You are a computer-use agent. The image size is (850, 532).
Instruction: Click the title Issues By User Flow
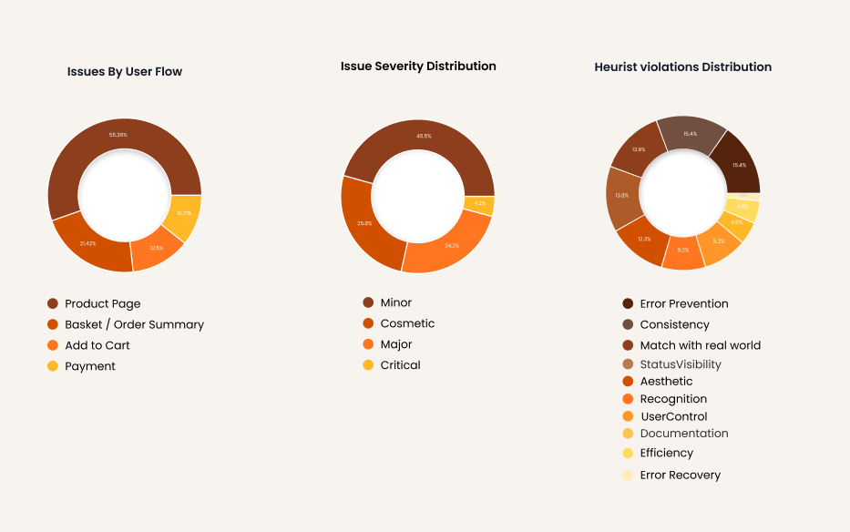(x=125, y=71)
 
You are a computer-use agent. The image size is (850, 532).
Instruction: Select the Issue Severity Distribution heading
(x=418, y=66)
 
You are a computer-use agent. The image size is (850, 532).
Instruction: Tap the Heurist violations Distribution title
(x=682, y=66)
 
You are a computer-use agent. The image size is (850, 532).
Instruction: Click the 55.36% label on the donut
(x=118, y=135)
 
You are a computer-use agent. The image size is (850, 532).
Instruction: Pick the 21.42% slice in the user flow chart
(x=87, y=244)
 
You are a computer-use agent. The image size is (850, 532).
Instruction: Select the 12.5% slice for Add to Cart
(x=157, y=248)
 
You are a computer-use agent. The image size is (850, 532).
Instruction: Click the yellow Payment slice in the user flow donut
(x=185, y=214)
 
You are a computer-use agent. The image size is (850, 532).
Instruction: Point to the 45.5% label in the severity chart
(x=424, y=136)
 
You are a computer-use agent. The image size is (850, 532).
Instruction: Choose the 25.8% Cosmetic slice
(x=364, y=223)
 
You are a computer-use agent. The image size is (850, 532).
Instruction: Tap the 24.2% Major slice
(x=451, y=246)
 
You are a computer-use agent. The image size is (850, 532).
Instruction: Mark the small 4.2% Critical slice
(x=480, y=204)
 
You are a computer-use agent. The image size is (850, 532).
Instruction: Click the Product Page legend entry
(x=102, y=303)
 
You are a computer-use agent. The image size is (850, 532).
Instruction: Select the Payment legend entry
(x=89, y=366)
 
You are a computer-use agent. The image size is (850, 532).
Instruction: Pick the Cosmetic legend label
(x=407, y=323)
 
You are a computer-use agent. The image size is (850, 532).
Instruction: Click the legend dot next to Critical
(x=368, y=365)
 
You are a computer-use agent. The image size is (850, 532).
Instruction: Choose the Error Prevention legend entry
(x=683, y=303)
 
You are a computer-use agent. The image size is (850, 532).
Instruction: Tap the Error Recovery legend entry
(x=680, y=475)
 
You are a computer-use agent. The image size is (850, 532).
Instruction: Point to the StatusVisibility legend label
(x=680, y=364)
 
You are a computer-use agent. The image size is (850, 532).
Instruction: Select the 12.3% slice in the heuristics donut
(x=644, y=239)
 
